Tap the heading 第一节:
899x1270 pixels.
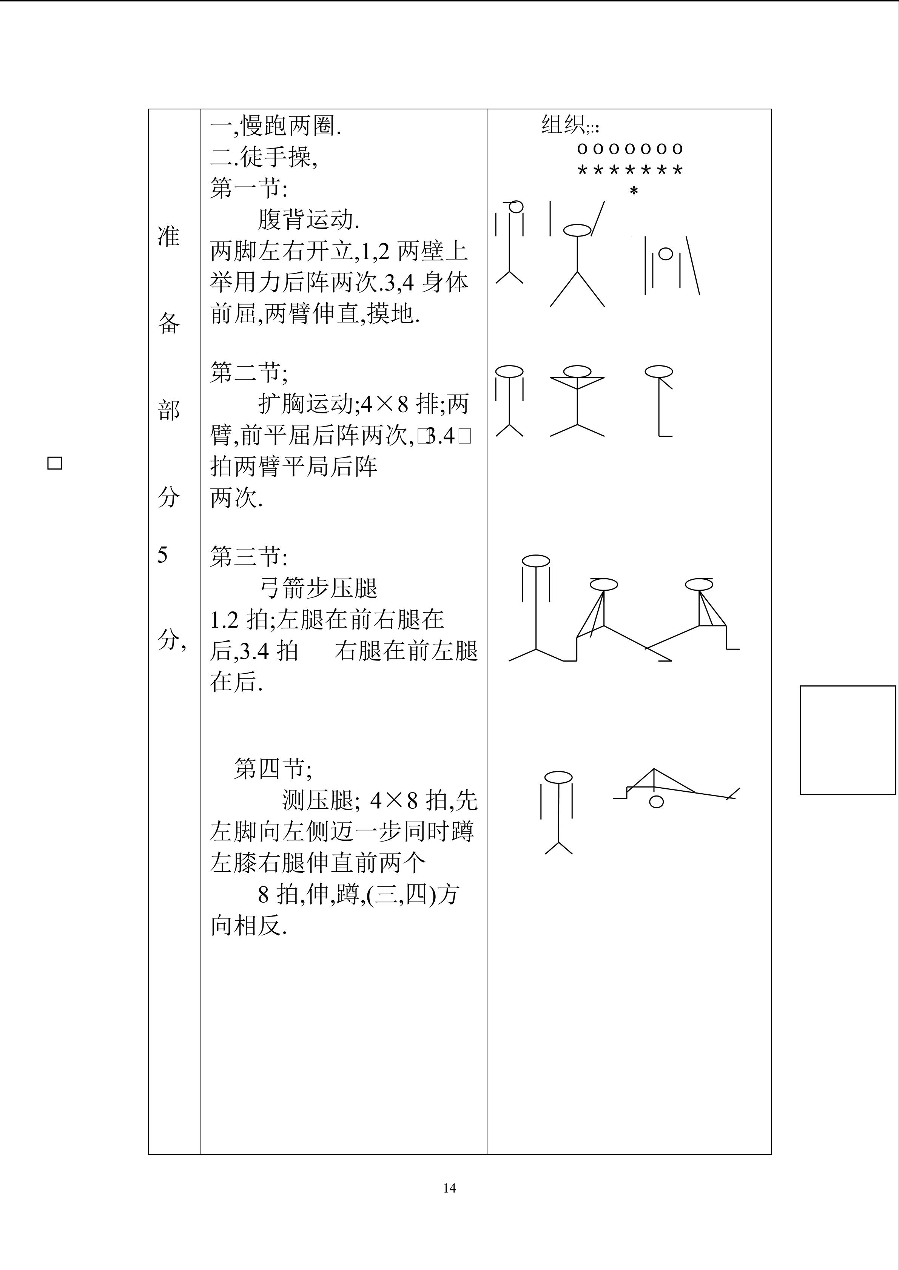point(248,189)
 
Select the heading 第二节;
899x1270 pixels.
point(248,372)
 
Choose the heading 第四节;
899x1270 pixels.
point(273,768)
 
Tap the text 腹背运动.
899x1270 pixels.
point(309,220)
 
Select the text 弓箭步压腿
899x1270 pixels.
point(318,588)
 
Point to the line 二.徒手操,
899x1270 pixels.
point(264,158)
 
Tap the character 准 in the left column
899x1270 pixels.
point(169,236)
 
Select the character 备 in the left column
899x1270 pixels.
point(169,323)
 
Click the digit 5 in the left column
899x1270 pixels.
point(162,554)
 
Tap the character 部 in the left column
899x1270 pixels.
point(169,410)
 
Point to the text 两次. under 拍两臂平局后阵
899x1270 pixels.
point(236,498)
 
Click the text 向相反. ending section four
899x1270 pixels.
point(248,925)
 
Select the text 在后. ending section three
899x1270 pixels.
point(236,682)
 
